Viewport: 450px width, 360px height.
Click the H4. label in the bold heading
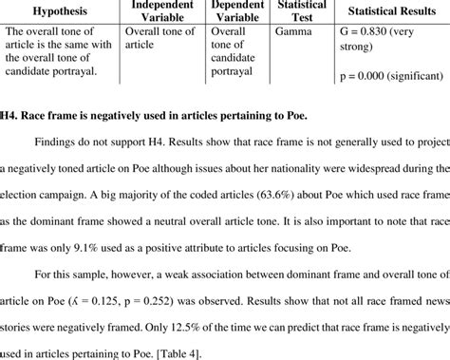coord(11,117)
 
